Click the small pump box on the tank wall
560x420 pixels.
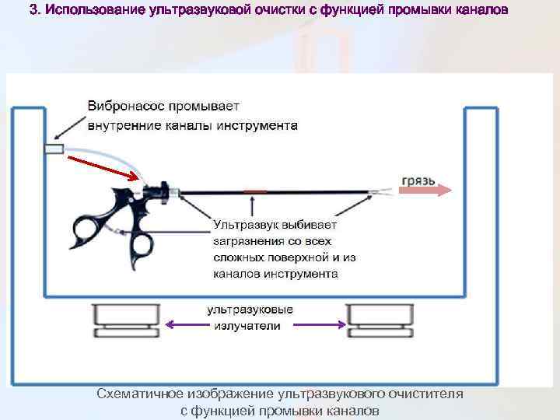pyautogui.click(x=54, y=149)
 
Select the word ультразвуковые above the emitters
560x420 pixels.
pyautogui.click(x=250, y=310)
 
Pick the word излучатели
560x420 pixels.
pyautogui.click(x=247, y=326)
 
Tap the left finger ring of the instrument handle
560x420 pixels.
pyautogui.click(x=83, y=229)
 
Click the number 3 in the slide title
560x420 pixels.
pyautogui.click(x=33, y=11)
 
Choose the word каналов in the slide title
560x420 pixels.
pyautogui.click(x=482, y=11)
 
